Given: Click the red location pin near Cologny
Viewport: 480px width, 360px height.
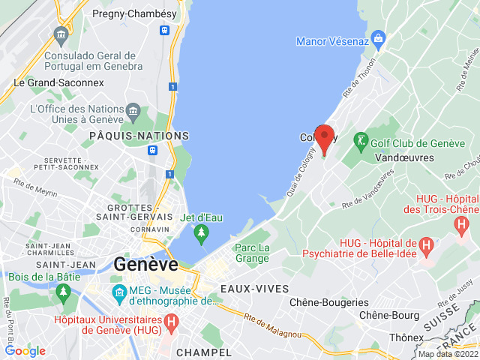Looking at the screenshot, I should [324, 139].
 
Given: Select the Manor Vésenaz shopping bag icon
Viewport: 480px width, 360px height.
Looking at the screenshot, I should [378, 37].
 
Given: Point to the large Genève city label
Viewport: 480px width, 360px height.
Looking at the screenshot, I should [146, 264].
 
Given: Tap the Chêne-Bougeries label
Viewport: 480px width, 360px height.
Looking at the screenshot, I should [329, 302].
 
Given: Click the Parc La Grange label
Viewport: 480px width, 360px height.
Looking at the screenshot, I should [251, 253].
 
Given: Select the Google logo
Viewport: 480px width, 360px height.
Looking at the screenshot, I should [25, 350].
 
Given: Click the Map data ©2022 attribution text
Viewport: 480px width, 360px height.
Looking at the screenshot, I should [447, 354].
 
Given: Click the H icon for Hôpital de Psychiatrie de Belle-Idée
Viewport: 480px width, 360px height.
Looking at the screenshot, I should [426, 244].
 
